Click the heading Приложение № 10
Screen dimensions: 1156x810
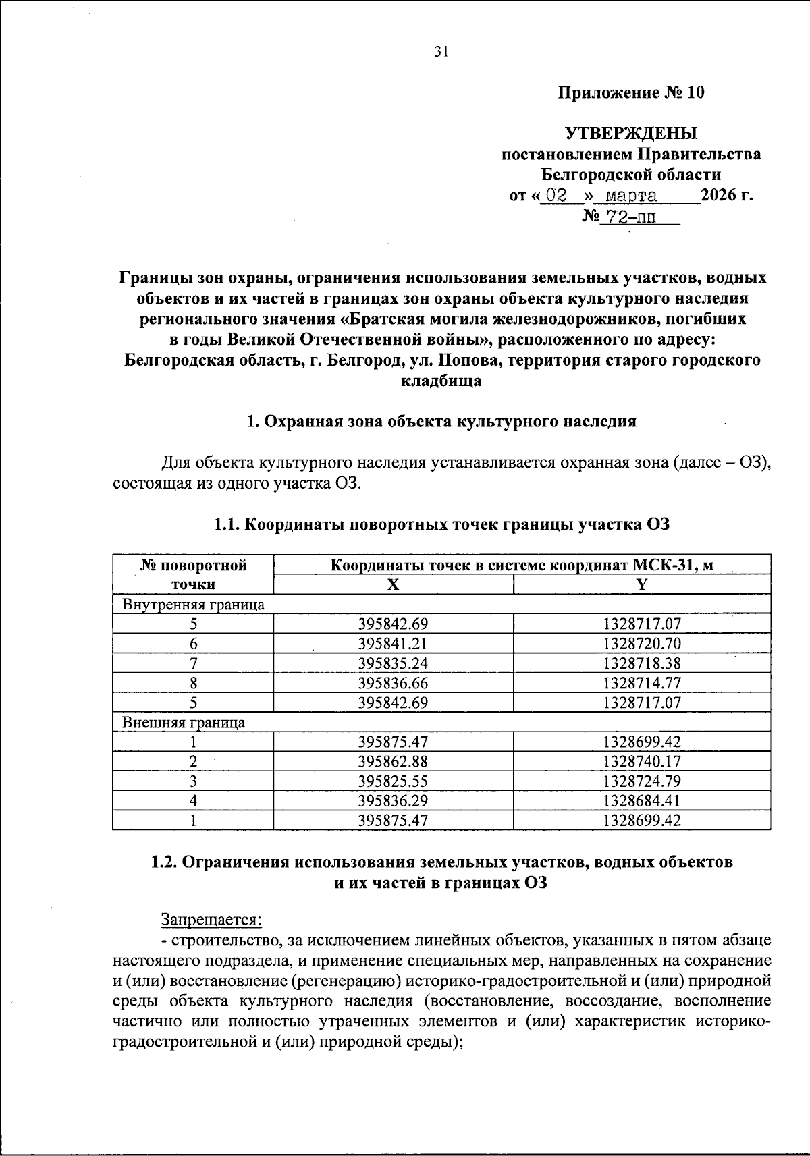point(630,92)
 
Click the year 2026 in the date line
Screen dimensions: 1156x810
point(720,196)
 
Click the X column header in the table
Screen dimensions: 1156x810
point(393,585)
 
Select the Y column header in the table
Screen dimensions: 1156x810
point(642,585)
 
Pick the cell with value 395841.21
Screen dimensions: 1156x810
point(393,644)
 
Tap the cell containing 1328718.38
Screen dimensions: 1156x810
point(642,663)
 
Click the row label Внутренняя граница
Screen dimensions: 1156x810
point(193,605)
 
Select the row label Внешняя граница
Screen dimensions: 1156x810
point(184,723)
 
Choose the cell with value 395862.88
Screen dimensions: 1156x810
point(393,762)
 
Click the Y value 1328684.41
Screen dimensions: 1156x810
point(642,801)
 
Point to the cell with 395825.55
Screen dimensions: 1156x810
point(393,781)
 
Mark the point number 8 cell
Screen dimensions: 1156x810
point(193,683)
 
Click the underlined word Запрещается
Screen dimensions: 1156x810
point(211,919)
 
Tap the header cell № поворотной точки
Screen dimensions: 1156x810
point(193,575)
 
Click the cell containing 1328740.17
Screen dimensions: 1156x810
point(642,762)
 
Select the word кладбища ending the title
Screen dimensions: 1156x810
point(441,381)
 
